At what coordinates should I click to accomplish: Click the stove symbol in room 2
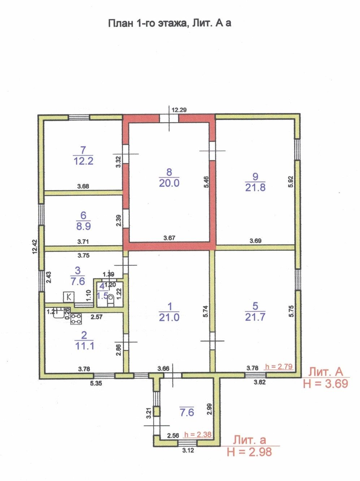[x=76, y=318]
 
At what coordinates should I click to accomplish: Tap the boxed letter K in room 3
[x=69, y=297]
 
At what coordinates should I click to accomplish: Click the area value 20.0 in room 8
[x=169, y=183]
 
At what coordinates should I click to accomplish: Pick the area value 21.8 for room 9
[x=255, y=187]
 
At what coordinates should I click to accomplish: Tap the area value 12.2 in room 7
[x=83, y=161]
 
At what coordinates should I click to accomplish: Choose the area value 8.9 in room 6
[x=83, y=226]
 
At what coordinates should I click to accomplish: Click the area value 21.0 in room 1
[x=169, y=317]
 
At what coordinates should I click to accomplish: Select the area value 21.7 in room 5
[x=255, y=317]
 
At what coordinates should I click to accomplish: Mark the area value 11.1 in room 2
[x=84, y=346]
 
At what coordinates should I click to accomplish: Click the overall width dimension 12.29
[x=179, y=110]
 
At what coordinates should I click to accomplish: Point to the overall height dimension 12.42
[x=35, y=247]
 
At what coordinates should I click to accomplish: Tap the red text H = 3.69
[x=326, y=383]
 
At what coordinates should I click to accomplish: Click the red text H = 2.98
[x=249, y=452]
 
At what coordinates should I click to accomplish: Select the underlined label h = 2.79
[x=279, y=367]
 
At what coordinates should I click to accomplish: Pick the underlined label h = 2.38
[x=198, y=434]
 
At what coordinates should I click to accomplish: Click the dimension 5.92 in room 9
[x=291, y=181]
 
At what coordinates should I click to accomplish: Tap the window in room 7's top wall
[x=79, y=117]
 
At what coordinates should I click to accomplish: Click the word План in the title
[x=121, y=23]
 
